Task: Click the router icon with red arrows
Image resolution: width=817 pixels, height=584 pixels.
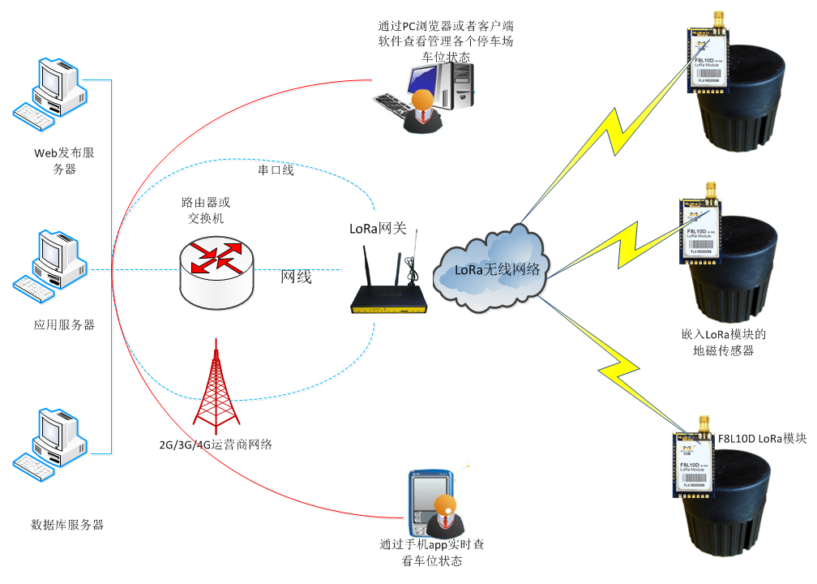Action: (x=216, y=268)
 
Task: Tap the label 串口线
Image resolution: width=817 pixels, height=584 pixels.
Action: (x=276, y=170)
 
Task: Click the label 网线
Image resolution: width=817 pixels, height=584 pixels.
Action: (x=297, y=277)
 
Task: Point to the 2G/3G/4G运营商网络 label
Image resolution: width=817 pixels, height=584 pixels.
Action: (x=216, y=444)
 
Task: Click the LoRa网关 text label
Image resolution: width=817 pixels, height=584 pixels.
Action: (x=379, y=229)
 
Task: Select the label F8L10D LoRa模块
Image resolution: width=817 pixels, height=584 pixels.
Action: (x=762, y=438)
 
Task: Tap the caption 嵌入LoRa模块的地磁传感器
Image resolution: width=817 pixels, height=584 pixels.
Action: (x=724, y=342)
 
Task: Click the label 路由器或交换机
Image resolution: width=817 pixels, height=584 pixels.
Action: (x=206, y=210)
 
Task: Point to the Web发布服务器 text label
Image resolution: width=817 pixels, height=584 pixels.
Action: (x=64, y=161)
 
